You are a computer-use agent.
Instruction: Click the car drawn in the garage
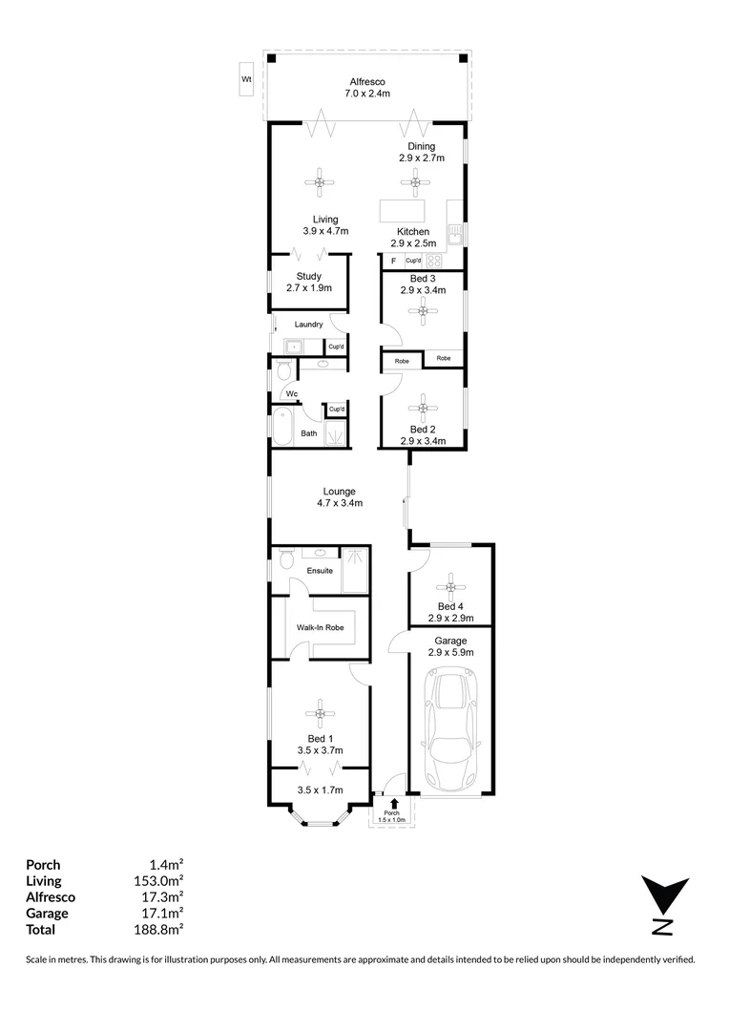tap(450, 729)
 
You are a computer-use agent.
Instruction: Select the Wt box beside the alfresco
tap(246, 79)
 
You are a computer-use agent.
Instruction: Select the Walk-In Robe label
tap(320, 627)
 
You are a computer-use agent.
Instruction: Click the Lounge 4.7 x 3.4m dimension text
tap(340, 503)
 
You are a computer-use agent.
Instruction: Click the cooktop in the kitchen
tap(434, 261)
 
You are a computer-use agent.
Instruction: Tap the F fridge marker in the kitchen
tap(392, 261)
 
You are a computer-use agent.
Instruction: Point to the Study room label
tap(308, 277)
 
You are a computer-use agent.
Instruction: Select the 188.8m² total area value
tap(159, 929)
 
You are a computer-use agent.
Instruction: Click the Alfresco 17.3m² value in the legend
tap(159, 896)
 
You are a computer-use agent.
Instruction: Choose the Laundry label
tap(308, 325)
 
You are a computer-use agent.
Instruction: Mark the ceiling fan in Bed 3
tap(421, 311)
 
